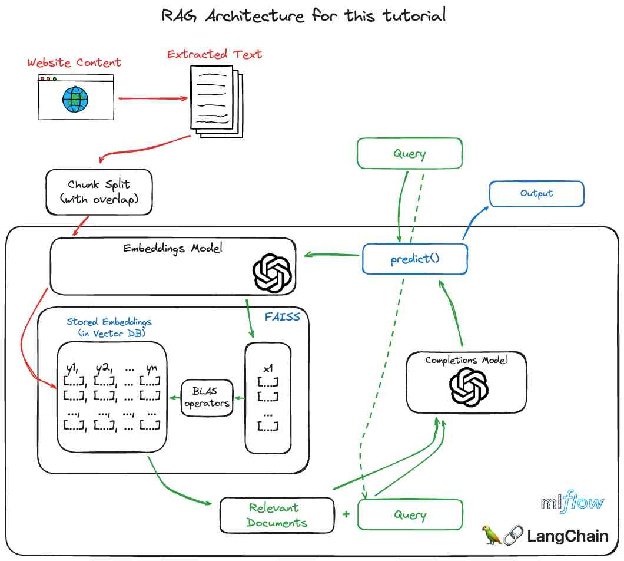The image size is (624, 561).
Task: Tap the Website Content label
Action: point(74,62)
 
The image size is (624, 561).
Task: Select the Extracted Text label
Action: point(214,54)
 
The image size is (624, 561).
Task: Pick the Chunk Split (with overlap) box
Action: point(98,192)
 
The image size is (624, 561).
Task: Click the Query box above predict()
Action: point(410,154)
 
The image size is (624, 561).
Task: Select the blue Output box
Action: point(536,194)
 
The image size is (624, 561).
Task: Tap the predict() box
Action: point(414,259)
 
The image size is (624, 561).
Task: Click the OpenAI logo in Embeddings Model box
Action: point(272,273)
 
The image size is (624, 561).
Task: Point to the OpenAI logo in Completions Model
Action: point(469,387)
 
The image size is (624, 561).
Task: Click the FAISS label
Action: point(283,317)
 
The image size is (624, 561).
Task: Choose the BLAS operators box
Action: point(207,398)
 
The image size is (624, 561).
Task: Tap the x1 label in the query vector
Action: point(268,369)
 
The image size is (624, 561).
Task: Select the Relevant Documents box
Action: point(277,515)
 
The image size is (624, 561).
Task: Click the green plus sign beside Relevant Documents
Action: point(346,514)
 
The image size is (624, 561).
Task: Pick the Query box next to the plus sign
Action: point(410,515)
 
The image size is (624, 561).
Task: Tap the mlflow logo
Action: point(572,503)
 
